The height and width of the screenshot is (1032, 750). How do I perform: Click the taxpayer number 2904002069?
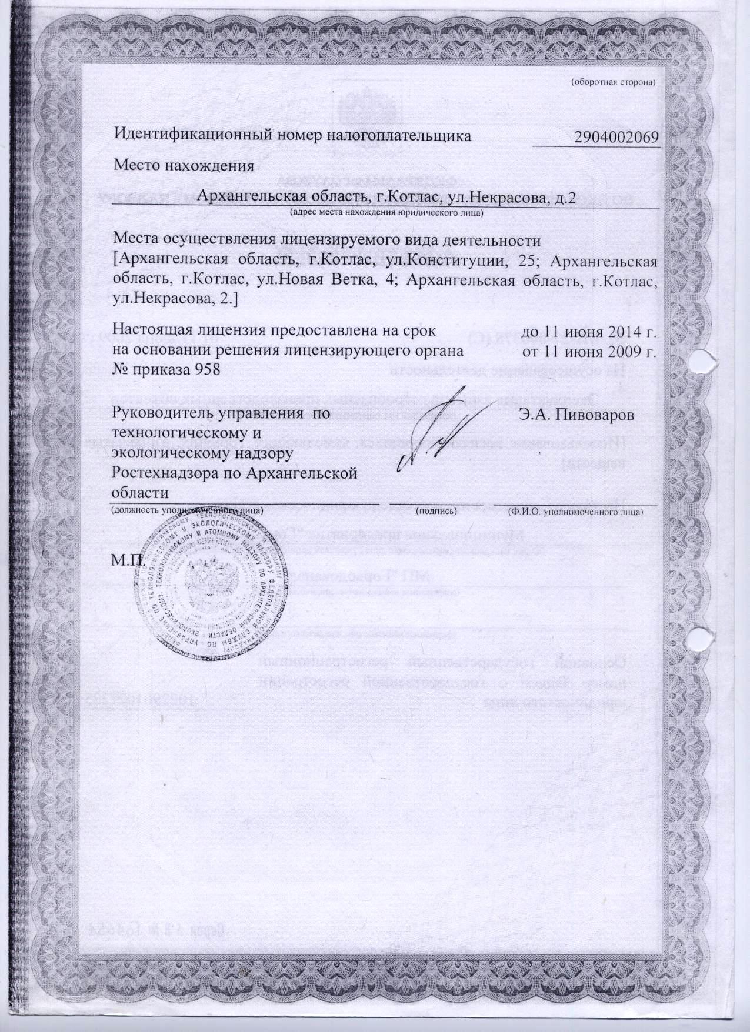pyautogui.click(x=616, y=136)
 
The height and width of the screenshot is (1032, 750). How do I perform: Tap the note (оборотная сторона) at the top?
pyautogui.click(x=614, y=82)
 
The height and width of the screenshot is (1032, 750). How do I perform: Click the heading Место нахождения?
pyautogui.click(x=184, y=165)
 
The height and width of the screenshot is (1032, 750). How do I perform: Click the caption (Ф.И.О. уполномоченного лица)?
pyautogui.click(x=576, y=511)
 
